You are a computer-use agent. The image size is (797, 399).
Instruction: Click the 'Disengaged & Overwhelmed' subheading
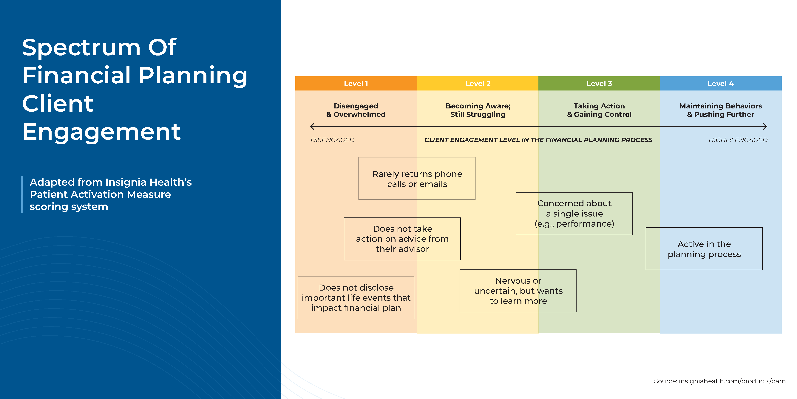click(356, 110)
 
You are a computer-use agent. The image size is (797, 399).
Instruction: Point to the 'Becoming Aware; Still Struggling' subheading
click(478, 110)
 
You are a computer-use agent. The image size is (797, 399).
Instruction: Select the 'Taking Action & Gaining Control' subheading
click(599, 110)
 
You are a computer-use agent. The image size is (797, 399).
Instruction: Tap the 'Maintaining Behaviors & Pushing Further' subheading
click(721, 110)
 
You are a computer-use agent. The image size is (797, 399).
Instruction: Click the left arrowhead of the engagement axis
click(312, 126)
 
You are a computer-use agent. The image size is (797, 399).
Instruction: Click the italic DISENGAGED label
click(332, 140)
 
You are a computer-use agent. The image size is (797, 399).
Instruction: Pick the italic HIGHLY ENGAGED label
click(738, 140)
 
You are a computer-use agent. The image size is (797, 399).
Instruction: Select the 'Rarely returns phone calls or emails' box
click(417, 179)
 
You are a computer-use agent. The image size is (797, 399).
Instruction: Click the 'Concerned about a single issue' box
click(574, 214)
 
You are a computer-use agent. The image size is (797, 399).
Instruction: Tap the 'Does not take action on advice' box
click(402, 239)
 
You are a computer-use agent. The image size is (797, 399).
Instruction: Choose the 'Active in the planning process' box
click(704, 249)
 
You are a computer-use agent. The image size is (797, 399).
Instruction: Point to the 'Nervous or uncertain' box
click(518, 291)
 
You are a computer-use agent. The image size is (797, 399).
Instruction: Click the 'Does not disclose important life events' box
click(356, 297)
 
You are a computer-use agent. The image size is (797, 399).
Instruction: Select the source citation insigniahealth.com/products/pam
click(720, 381)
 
